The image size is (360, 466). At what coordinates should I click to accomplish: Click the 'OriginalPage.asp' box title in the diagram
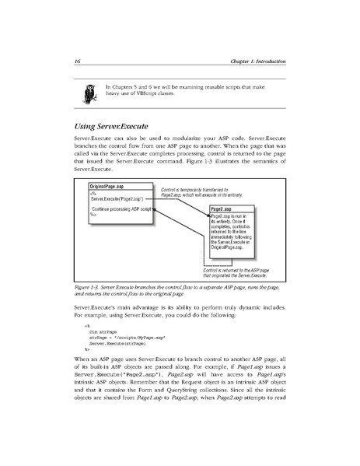click(x=107, y=187)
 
